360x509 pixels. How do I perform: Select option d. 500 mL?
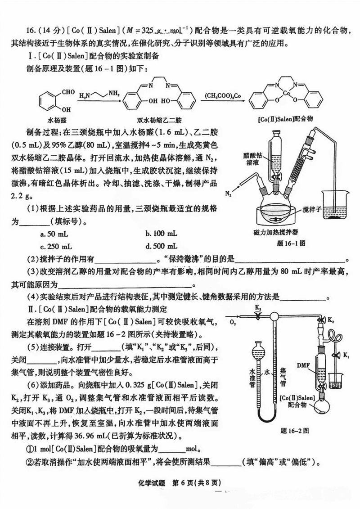tap(162, 246)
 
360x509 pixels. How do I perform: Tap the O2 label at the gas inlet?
tap(232, 323)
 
